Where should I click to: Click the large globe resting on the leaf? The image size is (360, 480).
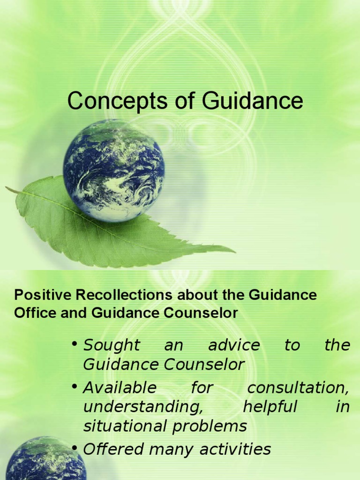pos(114,170)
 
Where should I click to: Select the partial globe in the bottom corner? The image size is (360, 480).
pos(45,459)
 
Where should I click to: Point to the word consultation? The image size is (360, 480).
pos(299,388)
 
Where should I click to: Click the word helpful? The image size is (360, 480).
pos(270,407)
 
